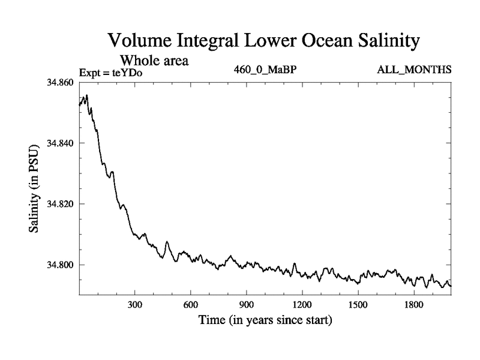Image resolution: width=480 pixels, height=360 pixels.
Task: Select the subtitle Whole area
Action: [155, 61]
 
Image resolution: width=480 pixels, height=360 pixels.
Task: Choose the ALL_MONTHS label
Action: [414, 70]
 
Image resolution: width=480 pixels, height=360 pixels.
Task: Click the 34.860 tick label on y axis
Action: [59, 82]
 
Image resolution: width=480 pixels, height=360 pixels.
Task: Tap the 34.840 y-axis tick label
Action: [59, 143]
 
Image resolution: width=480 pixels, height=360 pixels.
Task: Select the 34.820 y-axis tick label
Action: [59, 204]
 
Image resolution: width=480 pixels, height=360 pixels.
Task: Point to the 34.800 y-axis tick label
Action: [59, 265]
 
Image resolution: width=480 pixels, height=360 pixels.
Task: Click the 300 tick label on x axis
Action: [135, 305]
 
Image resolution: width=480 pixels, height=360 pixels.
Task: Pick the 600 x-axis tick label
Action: [191, 305]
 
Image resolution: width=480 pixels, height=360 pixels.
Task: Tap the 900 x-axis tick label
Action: [247, 305]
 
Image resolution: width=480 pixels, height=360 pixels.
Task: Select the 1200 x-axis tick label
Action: [302, 305]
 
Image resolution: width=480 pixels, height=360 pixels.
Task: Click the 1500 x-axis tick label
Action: [358, 305]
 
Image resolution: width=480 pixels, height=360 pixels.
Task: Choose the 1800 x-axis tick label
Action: [414, 305]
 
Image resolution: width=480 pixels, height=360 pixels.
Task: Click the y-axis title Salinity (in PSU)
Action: [35, 188]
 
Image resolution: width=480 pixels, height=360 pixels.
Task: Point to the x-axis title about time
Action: [265, 320]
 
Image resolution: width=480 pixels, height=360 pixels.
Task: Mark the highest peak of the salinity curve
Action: [87, 95]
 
